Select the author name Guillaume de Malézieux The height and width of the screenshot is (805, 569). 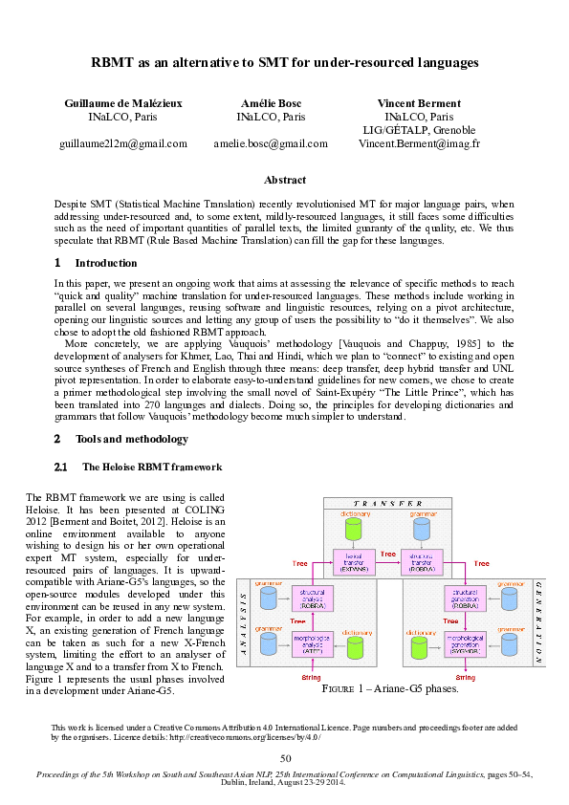pyautogui.click(x=122, y=102)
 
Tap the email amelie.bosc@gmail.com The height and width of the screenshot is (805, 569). pyautogui.click(x=271, y=143)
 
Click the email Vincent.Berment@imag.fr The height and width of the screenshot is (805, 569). pyautogui.click(x=419, y=143)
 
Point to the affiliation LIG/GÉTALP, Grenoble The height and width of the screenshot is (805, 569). pyautogui.click(x=419, y=130)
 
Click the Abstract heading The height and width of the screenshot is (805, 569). pyautogui.click(x=284, y=180)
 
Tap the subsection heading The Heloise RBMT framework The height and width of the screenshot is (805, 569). pyautogui.click(x=152, y=468)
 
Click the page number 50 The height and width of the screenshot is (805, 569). pyautogui.click(x=285, y=758)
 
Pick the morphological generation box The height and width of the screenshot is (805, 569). pyautogui.click(x=462, y=642)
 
